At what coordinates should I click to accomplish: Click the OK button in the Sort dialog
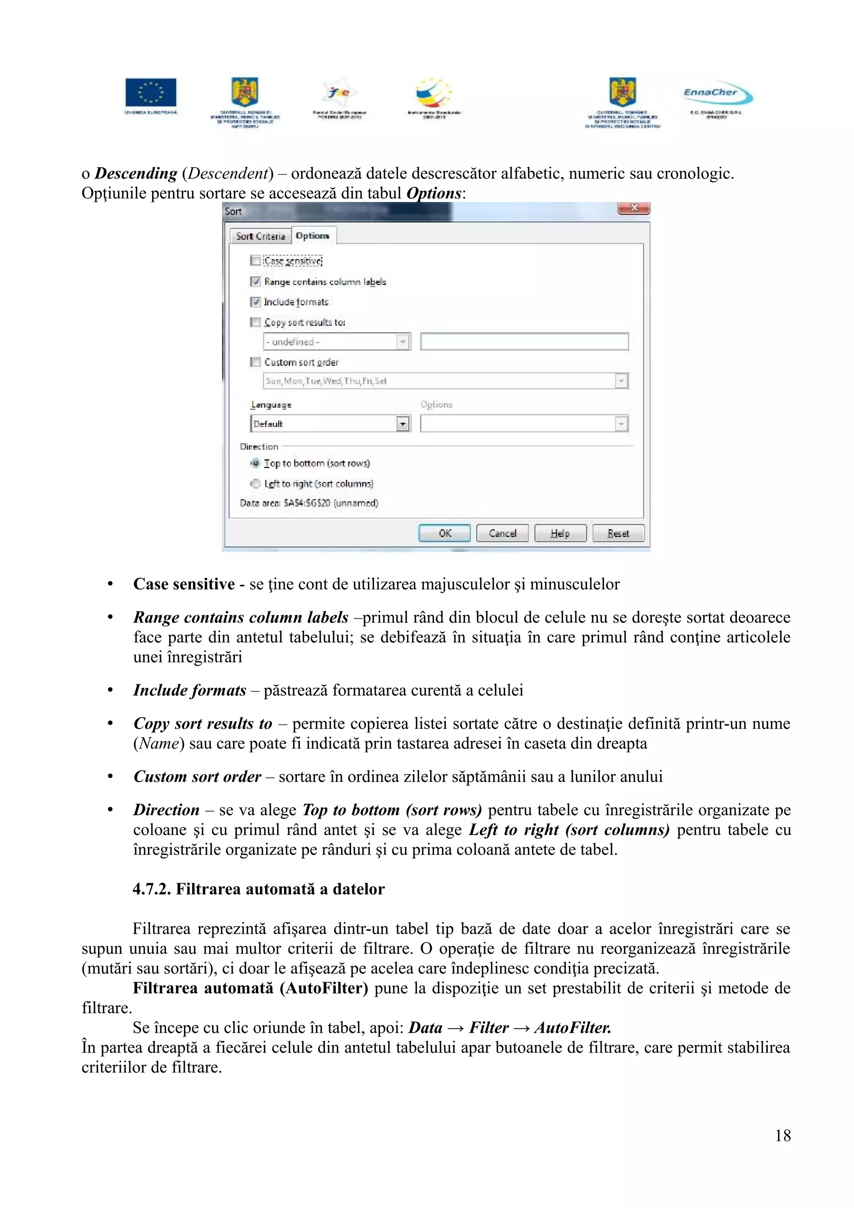444,533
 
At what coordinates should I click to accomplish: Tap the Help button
560,533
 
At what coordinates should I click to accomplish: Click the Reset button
618,533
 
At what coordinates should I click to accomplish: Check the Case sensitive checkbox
255,261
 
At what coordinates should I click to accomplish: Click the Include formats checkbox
255,302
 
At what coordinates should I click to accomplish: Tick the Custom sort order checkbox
255,362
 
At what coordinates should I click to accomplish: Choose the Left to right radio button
255,484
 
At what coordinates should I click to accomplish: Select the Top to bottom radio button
255,464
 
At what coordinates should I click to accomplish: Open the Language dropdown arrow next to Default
402,424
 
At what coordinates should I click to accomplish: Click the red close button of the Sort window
633,208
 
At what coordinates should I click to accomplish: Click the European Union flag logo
151,93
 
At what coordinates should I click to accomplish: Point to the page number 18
782,1135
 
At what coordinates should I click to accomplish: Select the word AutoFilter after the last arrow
573,1028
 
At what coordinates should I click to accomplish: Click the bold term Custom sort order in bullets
197,777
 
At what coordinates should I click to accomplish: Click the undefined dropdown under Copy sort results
336,342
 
